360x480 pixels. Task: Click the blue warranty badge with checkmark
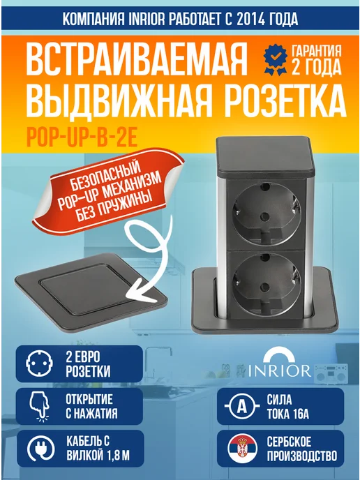click(x=276, y=60)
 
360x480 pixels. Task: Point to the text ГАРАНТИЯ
click(x=316, y=51)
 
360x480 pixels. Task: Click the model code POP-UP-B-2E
click(x=82, y=137)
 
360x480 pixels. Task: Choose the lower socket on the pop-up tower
click(x=266, y=284)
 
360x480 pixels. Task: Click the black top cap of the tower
click(x=265, y=157)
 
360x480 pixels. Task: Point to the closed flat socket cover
click(x=91, y=293)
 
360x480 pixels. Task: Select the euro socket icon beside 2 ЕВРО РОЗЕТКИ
click(x=39, y=363)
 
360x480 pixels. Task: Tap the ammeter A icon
click(x=242, y=406)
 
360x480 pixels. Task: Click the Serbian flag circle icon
click(x=242, y=448)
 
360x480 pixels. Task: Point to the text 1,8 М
click(x=119, y=456)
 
